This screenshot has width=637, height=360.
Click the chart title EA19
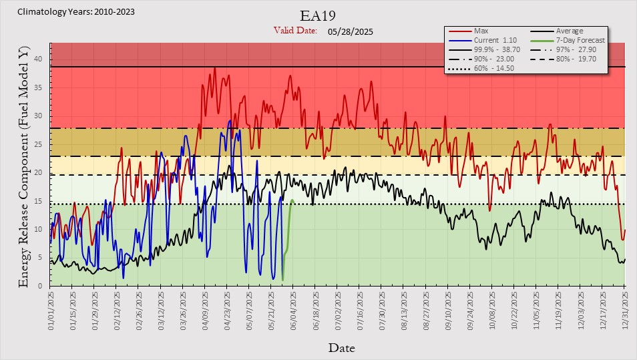[318, 16]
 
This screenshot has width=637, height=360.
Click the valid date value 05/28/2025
[350, 31]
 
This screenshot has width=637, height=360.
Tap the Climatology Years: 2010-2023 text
[76, 12]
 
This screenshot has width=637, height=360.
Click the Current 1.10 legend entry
[483, 40]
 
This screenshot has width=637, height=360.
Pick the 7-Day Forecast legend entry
[568, 40]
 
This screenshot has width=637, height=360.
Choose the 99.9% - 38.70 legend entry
[484, 49]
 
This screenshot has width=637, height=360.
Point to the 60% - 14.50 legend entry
[481, 68]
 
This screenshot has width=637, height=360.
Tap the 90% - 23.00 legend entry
[481, 59]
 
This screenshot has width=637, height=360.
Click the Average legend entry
[557, 31]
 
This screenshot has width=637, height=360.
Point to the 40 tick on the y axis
[38, 59]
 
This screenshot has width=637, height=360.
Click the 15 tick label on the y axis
[38, 201]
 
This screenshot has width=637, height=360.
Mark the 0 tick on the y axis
[40, 286]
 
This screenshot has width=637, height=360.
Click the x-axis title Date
[342, 348]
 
